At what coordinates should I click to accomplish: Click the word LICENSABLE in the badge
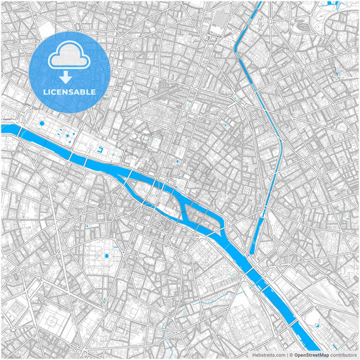click(70, 91)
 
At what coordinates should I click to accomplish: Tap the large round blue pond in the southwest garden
click(106, 257)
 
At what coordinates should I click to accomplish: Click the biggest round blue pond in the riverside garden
click(42, 124)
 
